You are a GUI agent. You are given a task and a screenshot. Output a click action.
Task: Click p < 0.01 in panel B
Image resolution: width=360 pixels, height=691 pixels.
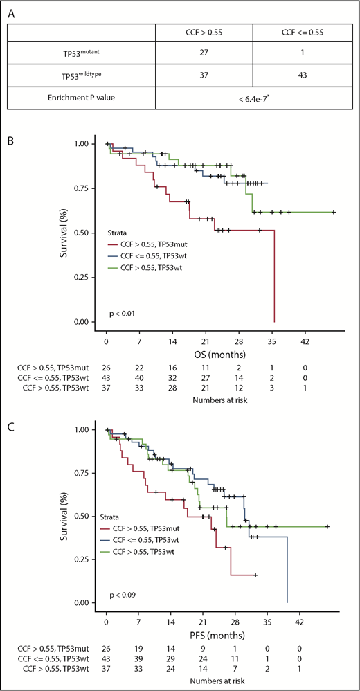click(123, 314)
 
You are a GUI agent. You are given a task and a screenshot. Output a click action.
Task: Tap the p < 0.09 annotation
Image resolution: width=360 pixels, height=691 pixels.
click(123, 595)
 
